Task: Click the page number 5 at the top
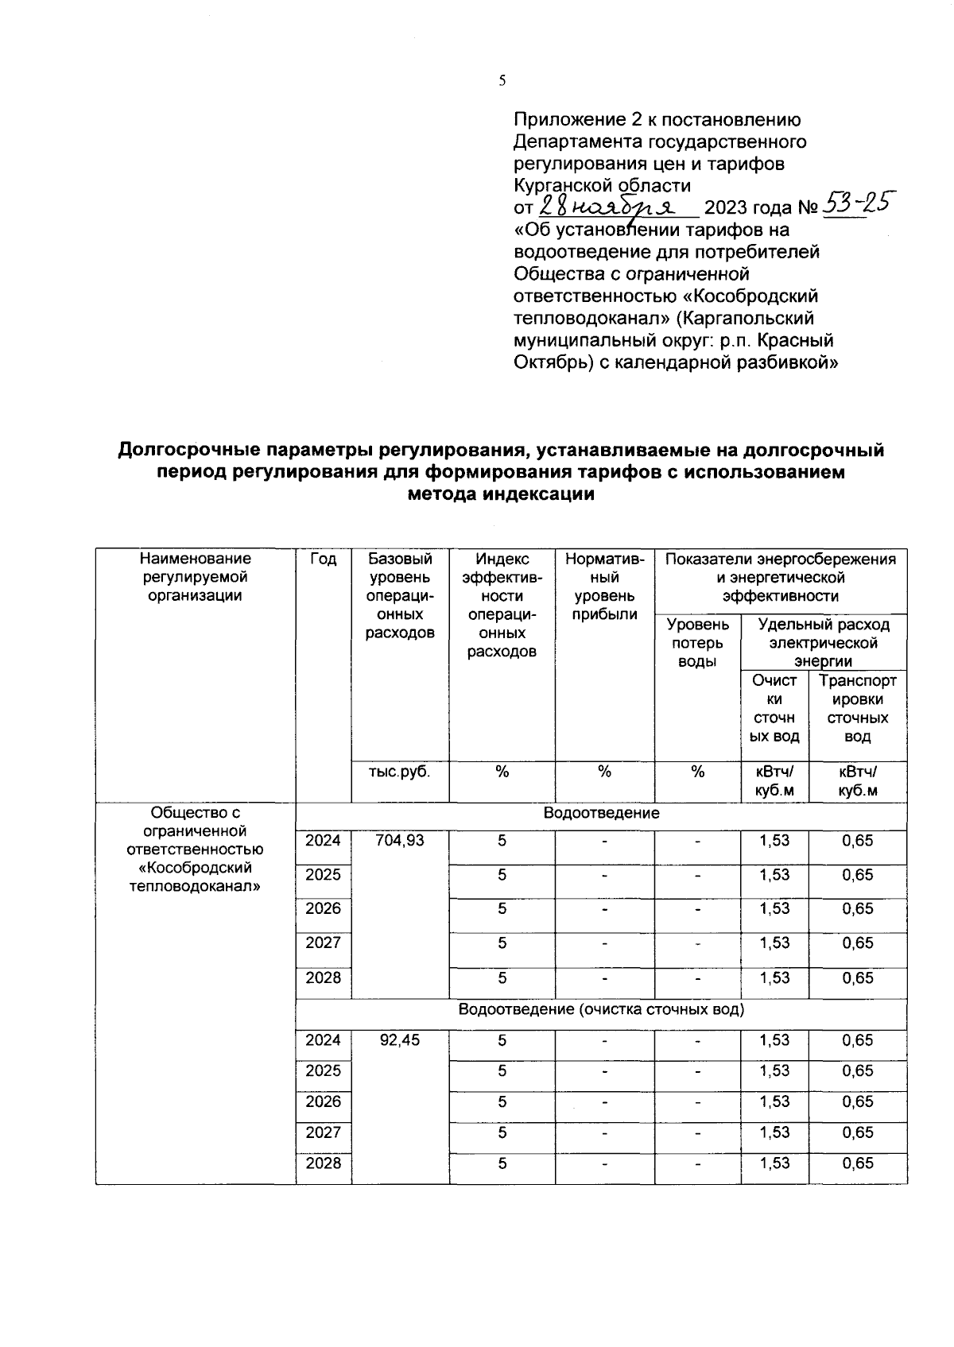coord(502,80)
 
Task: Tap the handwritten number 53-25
coord(857,205)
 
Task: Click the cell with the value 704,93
coord(401,841)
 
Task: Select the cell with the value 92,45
coord(401,1040)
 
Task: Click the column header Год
coord(324,559)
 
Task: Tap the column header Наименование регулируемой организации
coord(196,578)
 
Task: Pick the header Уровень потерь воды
coord(697,643)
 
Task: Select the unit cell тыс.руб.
coord(401,772)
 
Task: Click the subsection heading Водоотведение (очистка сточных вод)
coord(601,1010)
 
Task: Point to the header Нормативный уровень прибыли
coord(605,586)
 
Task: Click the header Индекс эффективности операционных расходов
coord(502,605)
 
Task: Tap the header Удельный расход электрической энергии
coord(824,642)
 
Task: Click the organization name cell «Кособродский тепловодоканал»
coord(196,849)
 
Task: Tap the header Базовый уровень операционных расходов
coord(401,596)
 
